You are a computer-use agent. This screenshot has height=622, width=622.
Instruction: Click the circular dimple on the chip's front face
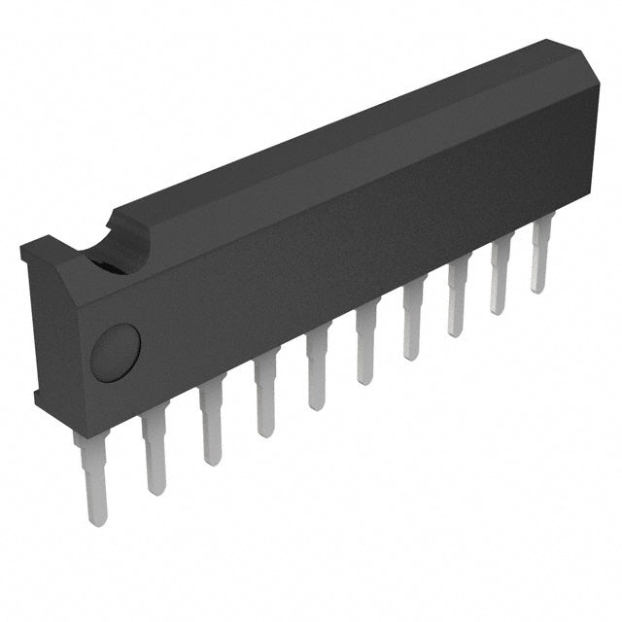pyautogui.click(x=116, y=352)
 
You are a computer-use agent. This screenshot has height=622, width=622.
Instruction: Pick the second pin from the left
pyautogui.click(x=154, y=449)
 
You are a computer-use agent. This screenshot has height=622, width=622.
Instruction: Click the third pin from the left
pyautogui.click(x=210, y=425)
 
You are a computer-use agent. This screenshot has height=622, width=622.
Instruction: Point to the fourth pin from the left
pyautogui.click(x=265, y=400)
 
